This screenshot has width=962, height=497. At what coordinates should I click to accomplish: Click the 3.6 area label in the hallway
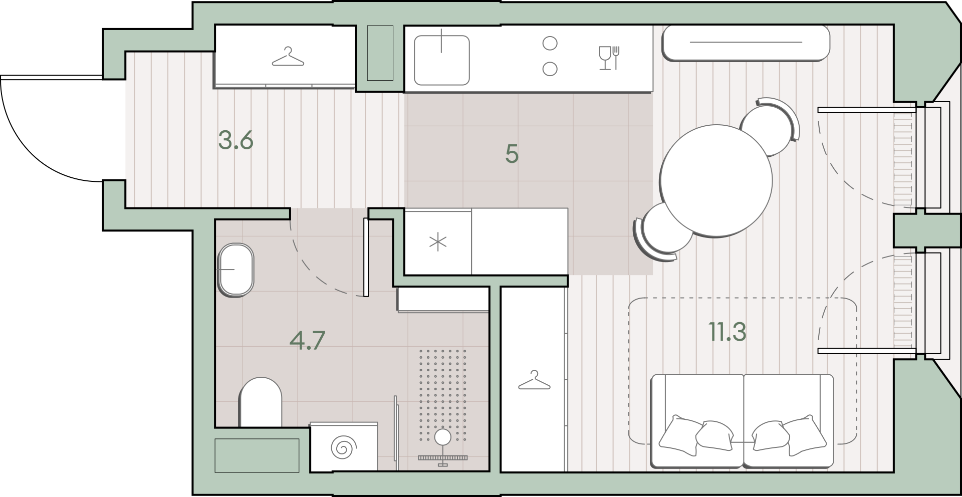[236, 140]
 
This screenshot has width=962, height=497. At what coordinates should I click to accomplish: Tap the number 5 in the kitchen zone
[512, 154]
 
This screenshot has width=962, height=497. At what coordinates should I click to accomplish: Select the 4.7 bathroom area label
[308, 340]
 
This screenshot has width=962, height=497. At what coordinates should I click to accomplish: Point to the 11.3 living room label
[727, 332]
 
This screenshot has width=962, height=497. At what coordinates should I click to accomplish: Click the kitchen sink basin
[441, 60]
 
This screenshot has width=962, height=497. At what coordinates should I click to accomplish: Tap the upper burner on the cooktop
[550, 44]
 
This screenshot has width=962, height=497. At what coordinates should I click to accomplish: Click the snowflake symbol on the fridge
[438, 242]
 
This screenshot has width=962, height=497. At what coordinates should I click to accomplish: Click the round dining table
[716, 180]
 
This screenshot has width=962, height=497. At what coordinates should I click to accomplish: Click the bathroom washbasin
[236, 270]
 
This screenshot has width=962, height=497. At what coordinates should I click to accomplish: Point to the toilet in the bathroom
[261, 402]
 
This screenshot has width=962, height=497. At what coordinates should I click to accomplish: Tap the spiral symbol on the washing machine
[343, 447]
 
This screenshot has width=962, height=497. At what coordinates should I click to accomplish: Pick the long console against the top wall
[746, 43]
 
